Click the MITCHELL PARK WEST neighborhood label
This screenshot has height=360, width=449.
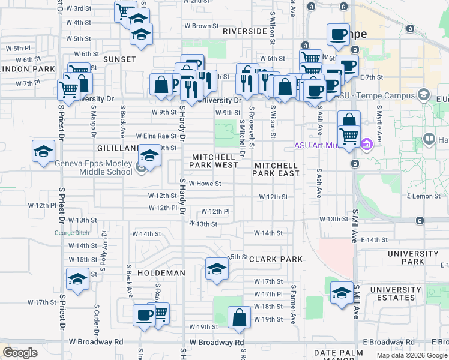coord(215,160)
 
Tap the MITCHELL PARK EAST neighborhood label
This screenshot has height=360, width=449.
coord(276,169)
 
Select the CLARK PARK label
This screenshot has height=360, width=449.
coord(276,259)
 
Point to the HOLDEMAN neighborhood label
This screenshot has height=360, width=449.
coord(161,273)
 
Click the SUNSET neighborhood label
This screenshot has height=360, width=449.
coord(119,59)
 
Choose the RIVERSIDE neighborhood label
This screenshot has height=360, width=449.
coord(244,31)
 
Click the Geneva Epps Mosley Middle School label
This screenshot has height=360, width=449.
coord(93,167)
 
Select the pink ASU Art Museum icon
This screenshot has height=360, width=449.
coord(367,145)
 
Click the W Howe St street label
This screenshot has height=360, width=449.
coord(205,184)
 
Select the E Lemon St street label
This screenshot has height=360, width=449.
coord(423,196)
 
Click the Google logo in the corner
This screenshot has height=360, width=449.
coord(20,352)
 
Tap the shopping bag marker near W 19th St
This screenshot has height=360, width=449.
coord(239,317)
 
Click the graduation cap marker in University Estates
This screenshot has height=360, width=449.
coord(342,293)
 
